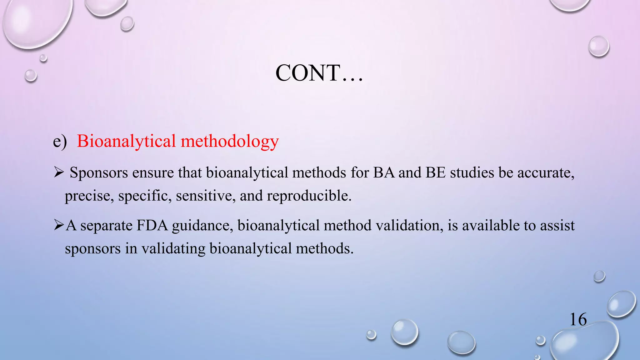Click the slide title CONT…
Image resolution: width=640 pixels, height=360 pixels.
(x=319, y=73)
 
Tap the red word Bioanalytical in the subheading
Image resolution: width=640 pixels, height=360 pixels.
(x=126, y=141)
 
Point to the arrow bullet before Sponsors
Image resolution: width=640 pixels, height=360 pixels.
(x=59, y=172)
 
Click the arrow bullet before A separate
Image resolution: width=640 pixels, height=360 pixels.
(x=59, y=225)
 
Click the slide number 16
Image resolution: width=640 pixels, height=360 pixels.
(x=578, y=320)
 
